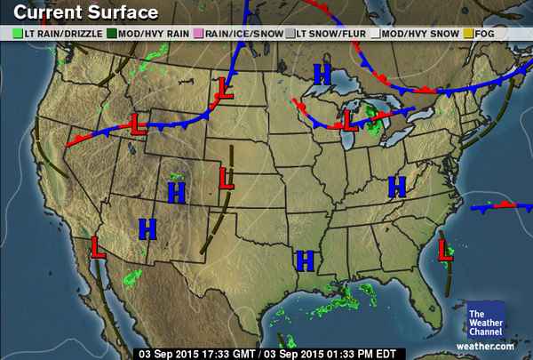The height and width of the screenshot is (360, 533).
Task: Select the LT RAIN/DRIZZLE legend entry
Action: click(x=52, y=34)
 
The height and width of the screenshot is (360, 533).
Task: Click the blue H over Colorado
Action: click(x=176, y=190)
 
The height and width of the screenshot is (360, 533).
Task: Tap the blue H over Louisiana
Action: click(x=306, y=260)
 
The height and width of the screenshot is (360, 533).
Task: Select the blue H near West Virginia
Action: click(x=396, y=187)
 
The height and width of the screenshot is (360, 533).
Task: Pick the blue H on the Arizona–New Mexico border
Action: click(x=147, y=228)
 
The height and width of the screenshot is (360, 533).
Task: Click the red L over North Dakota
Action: click(x=226, y=90)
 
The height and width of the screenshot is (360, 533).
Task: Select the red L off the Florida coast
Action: click(x=444, y=252)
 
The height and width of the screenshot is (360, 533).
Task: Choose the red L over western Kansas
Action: click(x=226, y=179)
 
